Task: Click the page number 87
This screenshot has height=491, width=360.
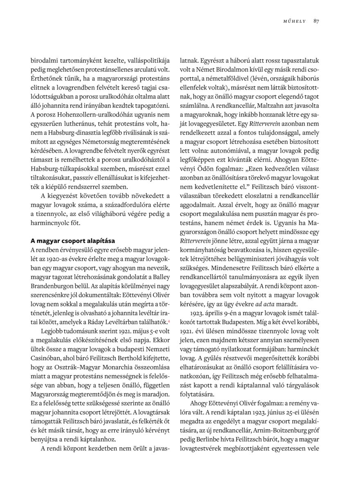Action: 316,21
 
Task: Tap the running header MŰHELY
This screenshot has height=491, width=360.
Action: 295,21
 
